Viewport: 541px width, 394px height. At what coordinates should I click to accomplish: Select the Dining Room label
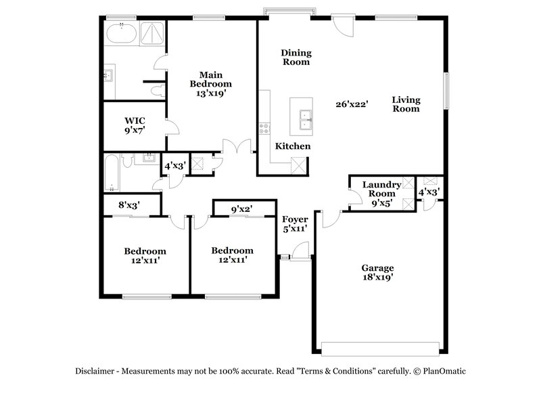tap(296, 57)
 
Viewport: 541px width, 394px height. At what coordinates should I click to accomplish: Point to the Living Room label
tap(406, 104)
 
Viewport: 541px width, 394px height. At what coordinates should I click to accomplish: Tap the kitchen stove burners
tap(264, 127)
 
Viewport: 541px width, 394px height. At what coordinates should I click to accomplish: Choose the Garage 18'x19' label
tap(377, 272)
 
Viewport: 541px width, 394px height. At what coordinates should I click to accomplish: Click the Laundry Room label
tap(381, 189)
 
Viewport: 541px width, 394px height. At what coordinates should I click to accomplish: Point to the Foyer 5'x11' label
tap(295, 224)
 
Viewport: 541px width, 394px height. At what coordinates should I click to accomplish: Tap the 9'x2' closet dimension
tap(241, 209)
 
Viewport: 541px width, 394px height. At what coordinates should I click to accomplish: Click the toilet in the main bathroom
tap(157, 89)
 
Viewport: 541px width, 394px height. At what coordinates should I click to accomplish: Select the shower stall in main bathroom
tap(152, 33)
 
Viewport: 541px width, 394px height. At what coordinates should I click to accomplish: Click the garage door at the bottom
tap(379, 349)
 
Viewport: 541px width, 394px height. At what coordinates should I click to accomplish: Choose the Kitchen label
tap(293, 146)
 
